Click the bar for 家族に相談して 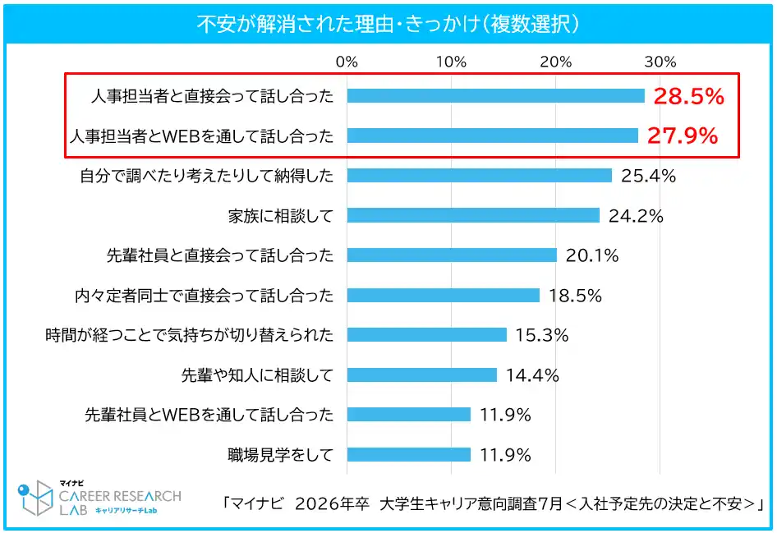(x=473, y=215)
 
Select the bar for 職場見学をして (x=408, y=454)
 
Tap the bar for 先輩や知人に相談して (x=421, y=374)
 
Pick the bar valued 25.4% (x=479, y=176)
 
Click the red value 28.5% (x=688, y=97)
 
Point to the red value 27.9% (x=683, y=136)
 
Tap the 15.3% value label (x=542, y=335)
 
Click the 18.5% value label (x=575, y=295)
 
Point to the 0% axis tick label (x=347, y=62)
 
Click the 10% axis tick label (x=451, y=62)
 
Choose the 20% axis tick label (x=555, y=62)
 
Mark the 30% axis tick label (x=660, y=62)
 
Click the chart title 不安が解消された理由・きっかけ (x=388, y=23)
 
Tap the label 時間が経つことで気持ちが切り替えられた (x=190, y=335)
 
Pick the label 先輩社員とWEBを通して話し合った (x=209, y=415)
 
